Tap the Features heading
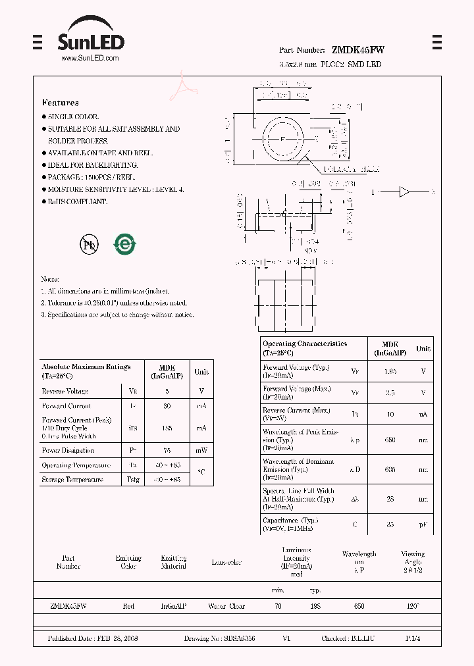tap(61, 103)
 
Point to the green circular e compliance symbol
tap(125, 245)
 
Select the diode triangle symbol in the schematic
tap(404, 192)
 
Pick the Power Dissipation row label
tap(68, 451)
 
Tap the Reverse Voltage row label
tap(65, 391)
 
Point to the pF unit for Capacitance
tap(423, 525)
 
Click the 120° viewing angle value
tap(412, 606)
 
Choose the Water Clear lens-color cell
tap(226, 606)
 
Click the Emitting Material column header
tap(173, 562)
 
